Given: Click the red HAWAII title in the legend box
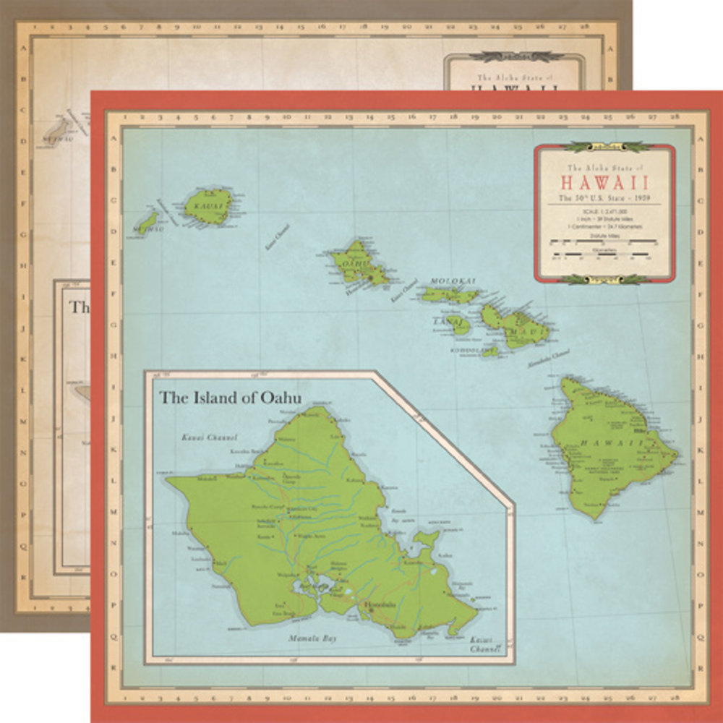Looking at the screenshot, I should point(604,181).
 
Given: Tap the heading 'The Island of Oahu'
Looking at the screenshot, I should point(230,397).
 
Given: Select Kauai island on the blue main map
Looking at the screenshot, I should point(208,205).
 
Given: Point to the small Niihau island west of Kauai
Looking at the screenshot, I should point(148,221).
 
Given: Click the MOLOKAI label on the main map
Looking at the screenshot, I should point(453,281).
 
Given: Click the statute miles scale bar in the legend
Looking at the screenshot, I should point(604,242).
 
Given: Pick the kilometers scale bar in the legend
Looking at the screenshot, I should point(604,255).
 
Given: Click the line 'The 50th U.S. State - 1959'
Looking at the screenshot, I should point(604,197).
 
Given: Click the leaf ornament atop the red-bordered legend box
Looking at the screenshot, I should point(604,147).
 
